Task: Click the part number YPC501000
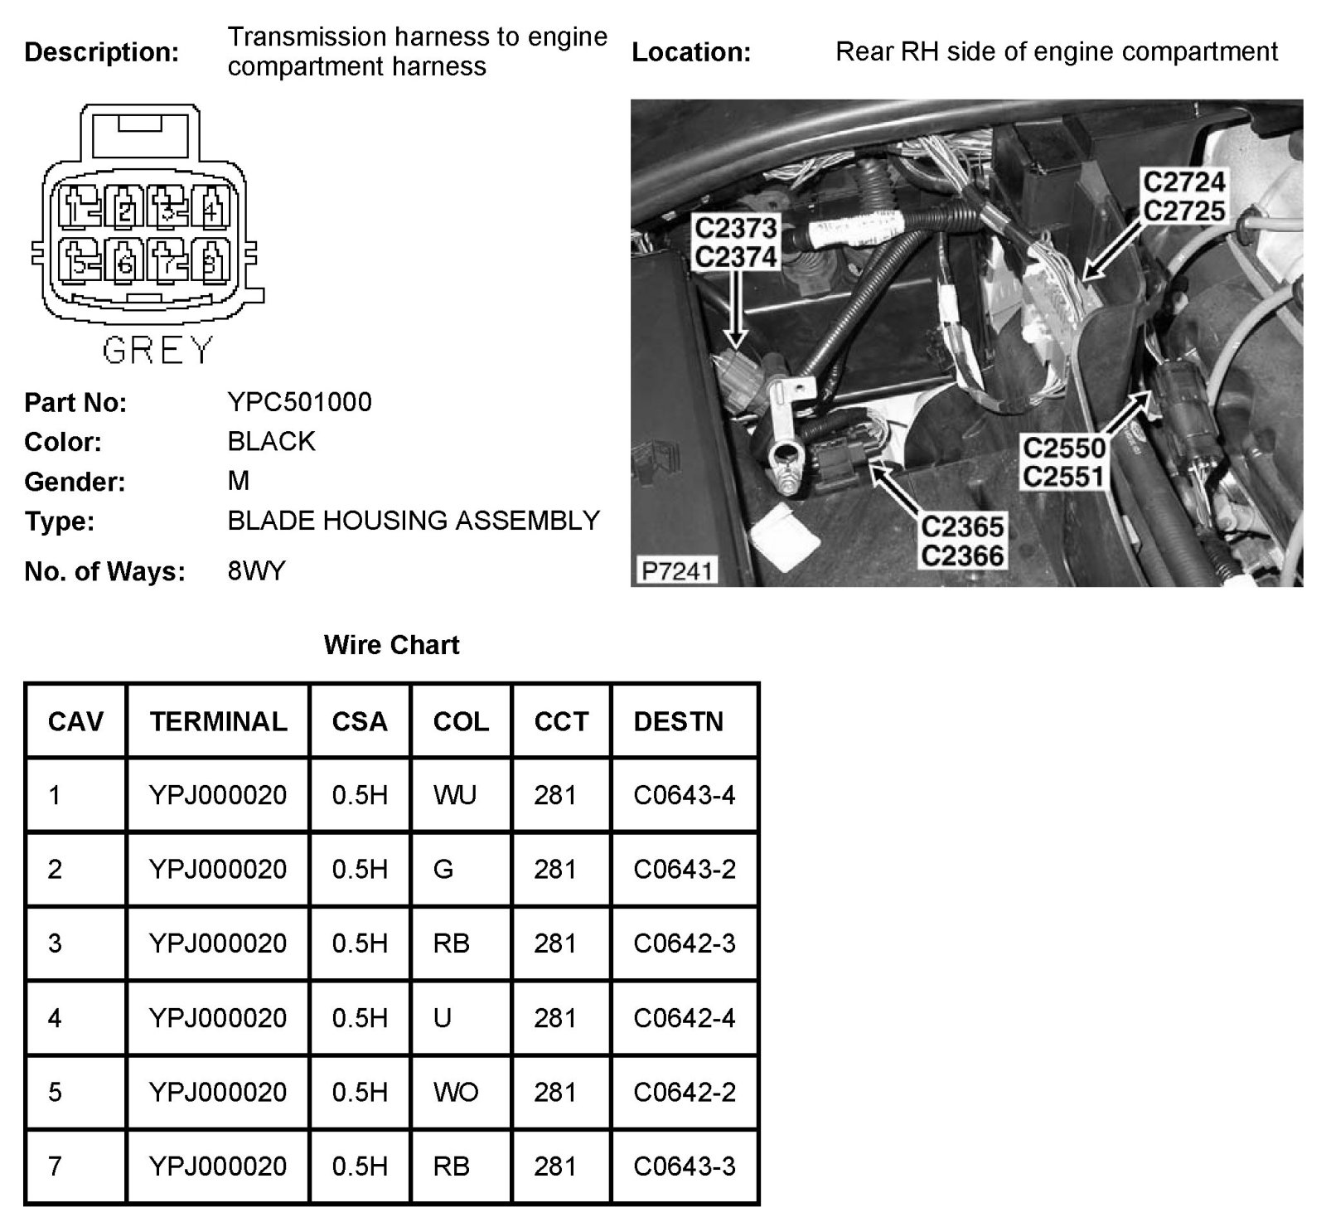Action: [299, 402]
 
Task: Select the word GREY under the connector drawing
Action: [157, 351]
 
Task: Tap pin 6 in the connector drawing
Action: [125, 264]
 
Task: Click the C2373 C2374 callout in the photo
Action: [736, 242]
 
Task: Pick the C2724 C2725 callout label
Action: [1183, 196]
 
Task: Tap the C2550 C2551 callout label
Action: [1064, 463]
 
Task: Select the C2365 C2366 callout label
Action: [962, 541]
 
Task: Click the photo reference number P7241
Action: [676, 571]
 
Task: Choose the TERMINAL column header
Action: [218, 721]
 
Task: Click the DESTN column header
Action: [678, 721]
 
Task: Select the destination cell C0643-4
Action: [684, 795]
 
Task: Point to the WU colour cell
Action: [454, 795]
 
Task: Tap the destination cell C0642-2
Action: [684, 1092]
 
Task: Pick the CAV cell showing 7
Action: [55, 1166]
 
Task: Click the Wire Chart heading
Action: [391, 645]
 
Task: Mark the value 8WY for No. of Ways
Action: [256, 571]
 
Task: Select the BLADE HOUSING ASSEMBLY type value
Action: [414, 521]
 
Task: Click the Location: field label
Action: [691, 52]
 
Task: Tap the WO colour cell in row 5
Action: [455, 1092]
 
